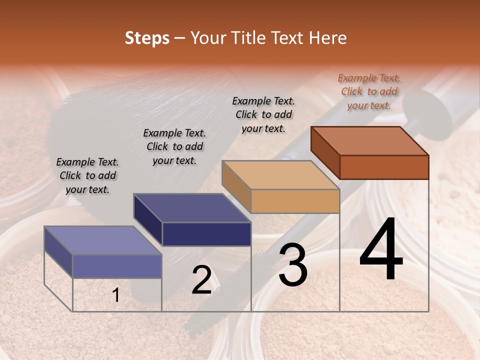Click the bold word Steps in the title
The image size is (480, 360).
point(147,38)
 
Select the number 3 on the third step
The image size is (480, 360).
point(293,264)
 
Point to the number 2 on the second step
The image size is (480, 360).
point(201,280)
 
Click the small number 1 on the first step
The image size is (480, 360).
point(116,295)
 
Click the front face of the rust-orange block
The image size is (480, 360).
point(384,167)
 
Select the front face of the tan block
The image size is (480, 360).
point(295,201)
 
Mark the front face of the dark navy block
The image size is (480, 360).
point(206,234)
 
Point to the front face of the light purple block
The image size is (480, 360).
point(117,266)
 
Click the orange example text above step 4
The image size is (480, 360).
point(369,91)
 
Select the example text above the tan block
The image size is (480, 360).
point(263,114)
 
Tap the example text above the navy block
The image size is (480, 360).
point(174,146)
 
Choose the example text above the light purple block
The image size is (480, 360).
point(87,175)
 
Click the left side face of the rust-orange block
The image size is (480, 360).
point(325,152)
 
